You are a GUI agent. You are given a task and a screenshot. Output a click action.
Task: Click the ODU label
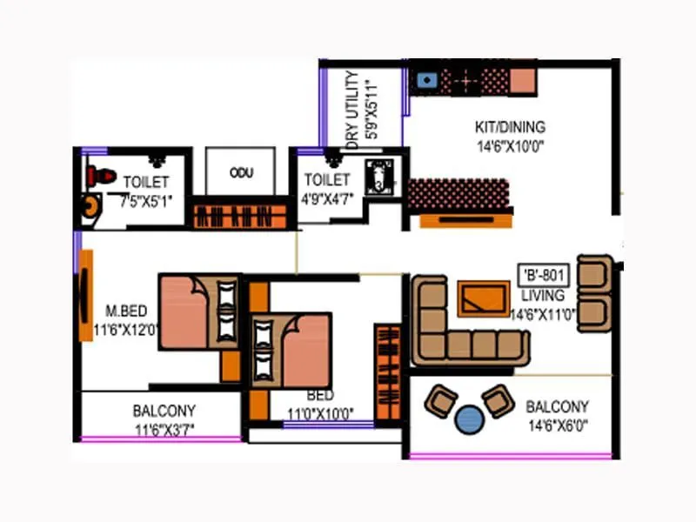click(x=241, y=173)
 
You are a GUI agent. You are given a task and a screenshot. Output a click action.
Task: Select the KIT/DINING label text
click(x=511, y=127)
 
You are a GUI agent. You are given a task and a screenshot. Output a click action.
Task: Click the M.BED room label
click(x=124, y=310)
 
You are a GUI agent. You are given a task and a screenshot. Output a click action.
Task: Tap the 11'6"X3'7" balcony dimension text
click(x=164, y=429)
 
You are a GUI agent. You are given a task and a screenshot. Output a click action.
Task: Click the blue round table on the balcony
click(x=472, y=418)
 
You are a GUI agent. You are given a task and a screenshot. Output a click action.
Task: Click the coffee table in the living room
click(x=484, y=298)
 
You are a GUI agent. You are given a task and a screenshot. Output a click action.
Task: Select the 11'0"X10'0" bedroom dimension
click(x=320, y=414)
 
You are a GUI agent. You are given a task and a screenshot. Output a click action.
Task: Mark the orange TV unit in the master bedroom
click(x=86, y=295)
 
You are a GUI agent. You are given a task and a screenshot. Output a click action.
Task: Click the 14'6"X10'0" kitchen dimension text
click(x=511, y=146)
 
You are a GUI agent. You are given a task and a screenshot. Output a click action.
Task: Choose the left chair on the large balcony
click(x=441, y=401)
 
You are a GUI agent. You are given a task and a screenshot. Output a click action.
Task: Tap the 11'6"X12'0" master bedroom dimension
click(x=127, y=330)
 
